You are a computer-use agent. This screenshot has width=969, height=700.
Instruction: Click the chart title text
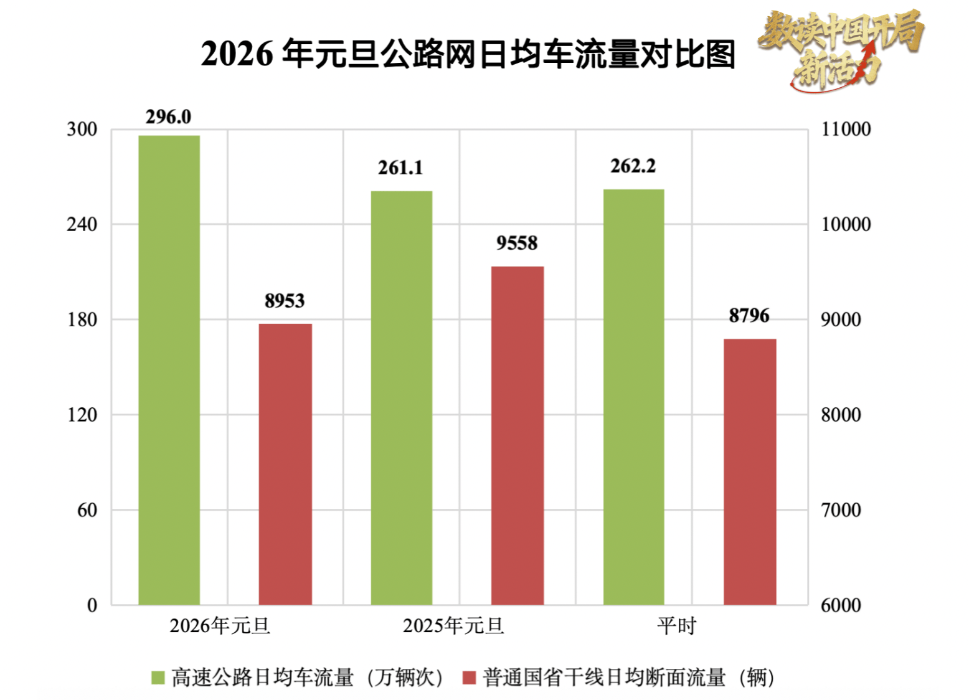tap(468, 54)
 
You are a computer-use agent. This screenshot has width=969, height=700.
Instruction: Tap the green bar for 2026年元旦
tap(169, 370)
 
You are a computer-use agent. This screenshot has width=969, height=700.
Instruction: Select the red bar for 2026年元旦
tap(285, 464)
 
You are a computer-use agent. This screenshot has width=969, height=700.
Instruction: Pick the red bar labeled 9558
tap(517, 435)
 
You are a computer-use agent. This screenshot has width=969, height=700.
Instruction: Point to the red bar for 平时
tap(750, 471)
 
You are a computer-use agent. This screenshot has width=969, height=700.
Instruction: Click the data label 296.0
tap(168, 116)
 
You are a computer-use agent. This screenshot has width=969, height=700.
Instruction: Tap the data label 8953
tap(285, 301)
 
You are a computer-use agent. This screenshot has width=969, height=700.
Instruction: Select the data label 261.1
tap(400, 168)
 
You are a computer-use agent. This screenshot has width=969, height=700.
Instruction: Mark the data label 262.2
tap(633, 166)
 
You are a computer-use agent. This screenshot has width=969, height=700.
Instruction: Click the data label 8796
tap(749, 316)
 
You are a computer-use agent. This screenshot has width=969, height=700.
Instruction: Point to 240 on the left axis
tap(82, 224)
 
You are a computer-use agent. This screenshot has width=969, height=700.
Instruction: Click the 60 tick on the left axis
tap(87, 510)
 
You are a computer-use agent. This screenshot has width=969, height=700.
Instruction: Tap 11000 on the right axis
tap(846, 129)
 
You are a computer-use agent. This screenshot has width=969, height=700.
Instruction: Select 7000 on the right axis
tap(841, 510)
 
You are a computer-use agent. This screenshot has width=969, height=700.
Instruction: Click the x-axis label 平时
tap(676, 625)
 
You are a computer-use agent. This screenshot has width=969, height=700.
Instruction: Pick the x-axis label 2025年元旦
tap(453, 625)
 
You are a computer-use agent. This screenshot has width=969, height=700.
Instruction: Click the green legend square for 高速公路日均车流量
tap(158, 678)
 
